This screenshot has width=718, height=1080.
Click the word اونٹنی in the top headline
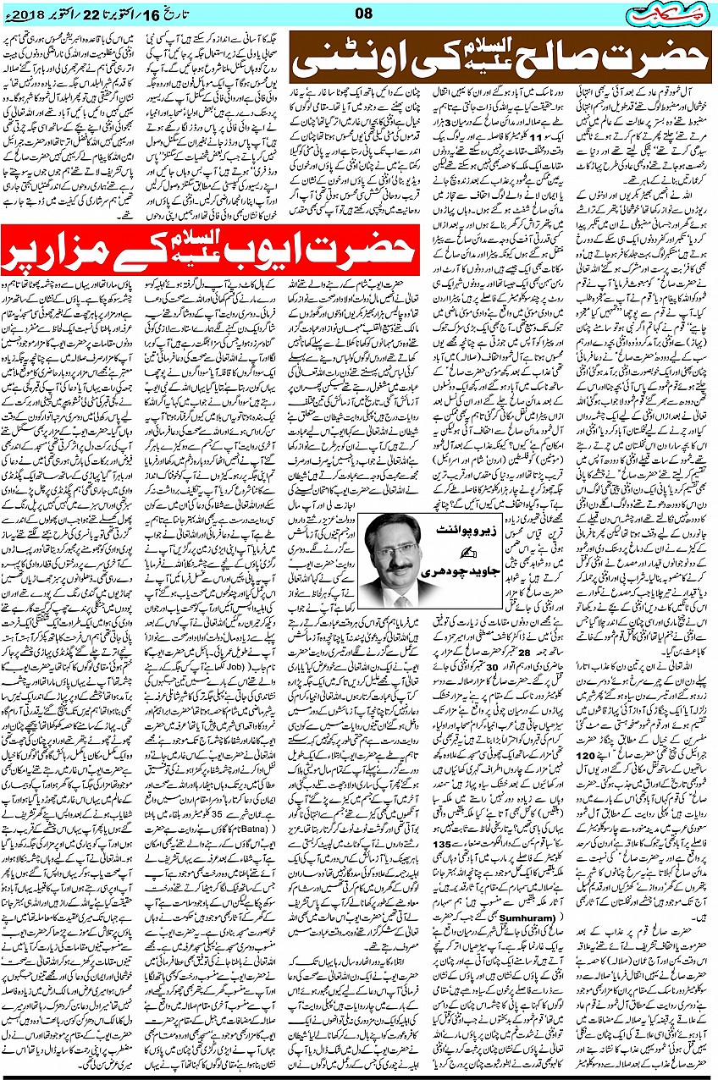pyautogui.click(x=356, y=63)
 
